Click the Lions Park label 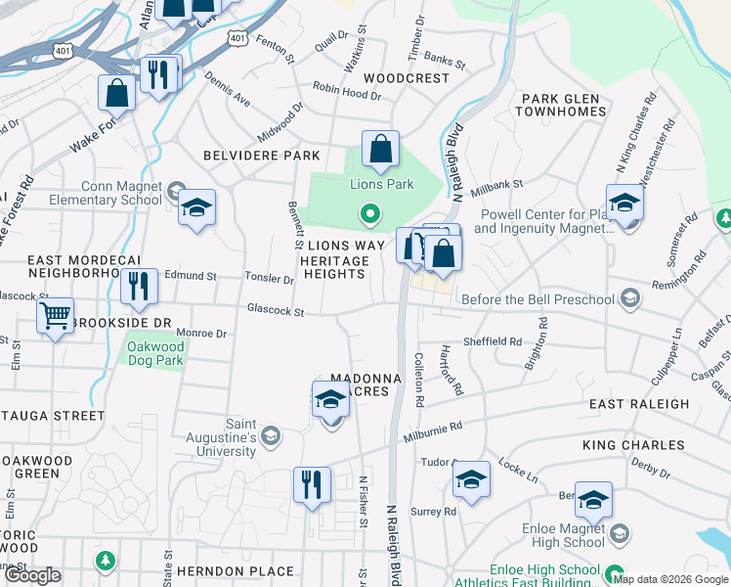click(382, 184)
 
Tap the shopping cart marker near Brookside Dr click(56, 316)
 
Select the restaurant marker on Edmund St click(139, 286)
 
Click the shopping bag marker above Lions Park click(380, 150)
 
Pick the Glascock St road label click(276, 312)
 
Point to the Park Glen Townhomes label click(563, 105)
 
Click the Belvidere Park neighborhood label click(261, 156)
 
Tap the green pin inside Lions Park click(369, 211)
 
